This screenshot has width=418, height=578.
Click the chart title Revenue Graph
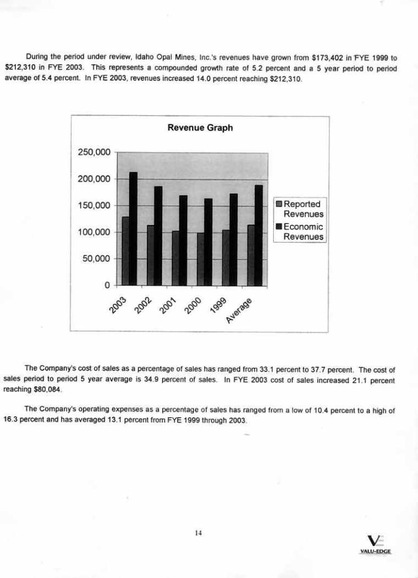click(200, 128)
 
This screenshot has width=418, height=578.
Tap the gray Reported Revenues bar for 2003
click(125, 251)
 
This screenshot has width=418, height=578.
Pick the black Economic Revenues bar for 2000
click(208, 242)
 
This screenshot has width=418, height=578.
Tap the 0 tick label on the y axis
click(108, 285)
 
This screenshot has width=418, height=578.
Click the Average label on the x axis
click(240, 311)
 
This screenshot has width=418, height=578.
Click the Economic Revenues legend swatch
click(279, 227)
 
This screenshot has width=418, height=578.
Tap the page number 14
click(199, 532)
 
